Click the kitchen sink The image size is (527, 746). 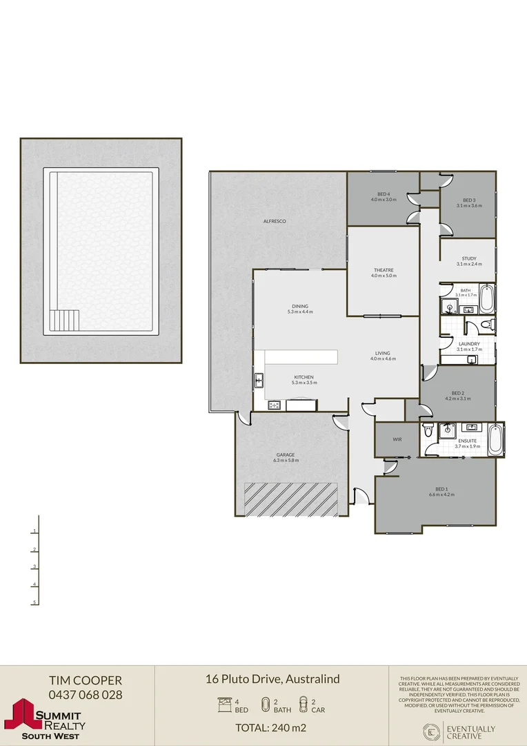pyautogui.click(x=259, y=380)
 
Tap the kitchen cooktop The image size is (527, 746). pyautogui.click(x=273, y=405)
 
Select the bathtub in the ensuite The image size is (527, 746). pyautogui.click(x=495, y=440)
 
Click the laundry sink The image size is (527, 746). pyautogui.click(x=473, y=359)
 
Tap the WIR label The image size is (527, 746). pyautogui.click(x=397, y=439)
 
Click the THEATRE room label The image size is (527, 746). pyautogui.click(x=384, y=270)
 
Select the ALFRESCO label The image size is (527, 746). pyautogui.click(x=275, y=221)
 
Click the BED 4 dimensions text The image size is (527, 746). pyautogui.click(x=384, y=200)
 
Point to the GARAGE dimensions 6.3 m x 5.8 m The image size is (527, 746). pyautogui.click(x=286, y=460)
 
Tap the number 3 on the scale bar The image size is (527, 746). pyautogui.click(x=34, y=567)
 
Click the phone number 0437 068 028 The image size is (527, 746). pyautogui.click(x=85, y=695)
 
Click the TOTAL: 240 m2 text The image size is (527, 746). pyautogui.click(x=271, y=727)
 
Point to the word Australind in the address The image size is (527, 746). pyautogui.click(x=312, y=679)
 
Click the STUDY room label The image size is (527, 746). pyautogui.click(x=469, y=259)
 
